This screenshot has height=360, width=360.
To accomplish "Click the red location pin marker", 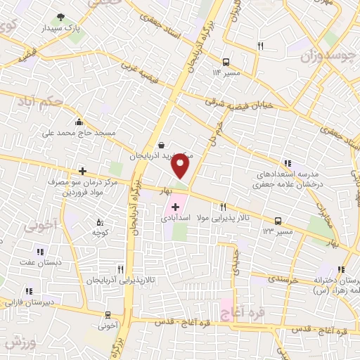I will [181, 166].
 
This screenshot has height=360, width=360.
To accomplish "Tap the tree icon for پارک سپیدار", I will [60, 17].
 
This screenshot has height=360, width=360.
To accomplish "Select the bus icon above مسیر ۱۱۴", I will [225, 61].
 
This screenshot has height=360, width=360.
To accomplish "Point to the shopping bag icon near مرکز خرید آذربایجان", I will [162, 145].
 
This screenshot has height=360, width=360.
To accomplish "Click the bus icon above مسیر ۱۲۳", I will [278, 220].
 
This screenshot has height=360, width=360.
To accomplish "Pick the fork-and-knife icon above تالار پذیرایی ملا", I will [223, 207].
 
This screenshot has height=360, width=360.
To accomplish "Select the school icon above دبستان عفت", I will [40, 251].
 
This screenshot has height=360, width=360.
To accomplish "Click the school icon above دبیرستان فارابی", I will [29, 290].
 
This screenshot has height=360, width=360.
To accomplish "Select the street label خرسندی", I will [283, 279].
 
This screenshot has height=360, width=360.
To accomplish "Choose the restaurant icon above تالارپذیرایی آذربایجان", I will [121, 269].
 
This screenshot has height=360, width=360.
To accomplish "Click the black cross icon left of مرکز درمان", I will [82, 171].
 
